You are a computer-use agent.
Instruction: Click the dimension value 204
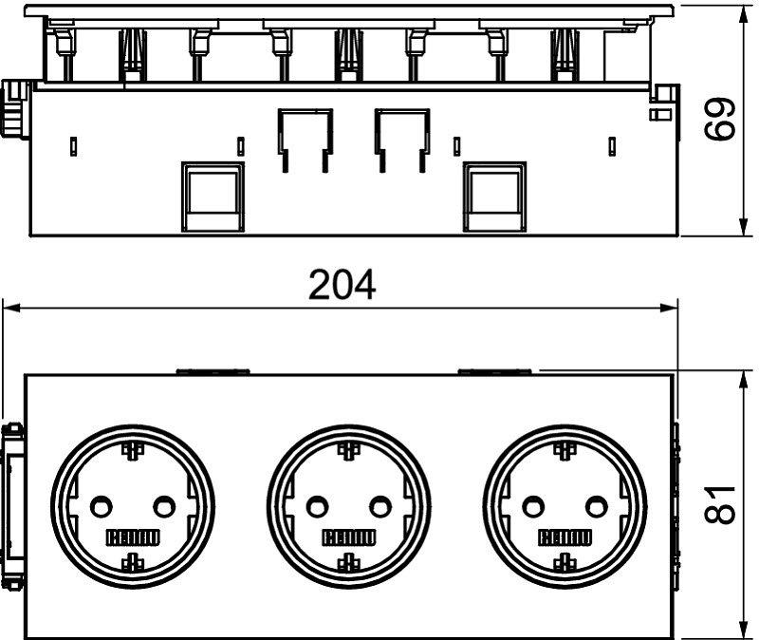tap(342, 285)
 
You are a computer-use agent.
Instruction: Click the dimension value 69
tap(719, 119)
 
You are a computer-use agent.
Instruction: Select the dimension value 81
tap(719, 505)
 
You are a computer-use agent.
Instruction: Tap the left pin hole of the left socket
tap(101, 507)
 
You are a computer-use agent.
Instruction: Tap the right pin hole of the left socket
tap(164, 507)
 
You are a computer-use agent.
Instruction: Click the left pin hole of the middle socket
tap(317, 507)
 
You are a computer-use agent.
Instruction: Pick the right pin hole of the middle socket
tap(380, 507)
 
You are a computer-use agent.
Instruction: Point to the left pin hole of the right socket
tap(533, 507)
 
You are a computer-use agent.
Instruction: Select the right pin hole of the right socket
tap(597, 507)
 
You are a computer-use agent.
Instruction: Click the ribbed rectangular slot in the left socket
tap(133, 537)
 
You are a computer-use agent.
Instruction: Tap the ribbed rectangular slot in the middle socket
tap(348, 537)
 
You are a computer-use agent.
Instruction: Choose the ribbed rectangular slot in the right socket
tap(565, 537)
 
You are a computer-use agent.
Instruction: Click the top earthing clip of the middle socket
tap(348, 451)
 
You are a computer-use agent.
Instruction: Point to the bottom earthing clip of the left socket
tap(133, 561)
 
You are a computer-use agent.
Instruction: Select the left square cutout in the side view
tap(212, 197)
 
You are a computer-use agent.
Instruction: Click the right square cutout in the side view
tap(494, 197)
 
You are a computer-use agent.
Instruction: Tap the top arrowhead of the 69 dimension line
tap(742, 14)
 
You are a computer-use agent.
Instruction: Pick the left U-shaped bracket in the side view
tap(305, 141)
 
